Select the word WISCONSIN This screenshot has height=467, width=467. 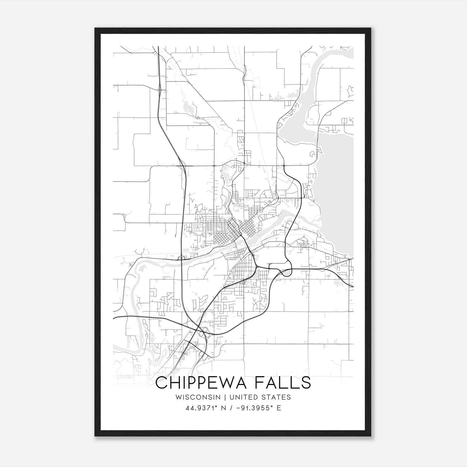(198, 397)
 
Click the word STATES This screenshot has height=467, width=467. (276, 397)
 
